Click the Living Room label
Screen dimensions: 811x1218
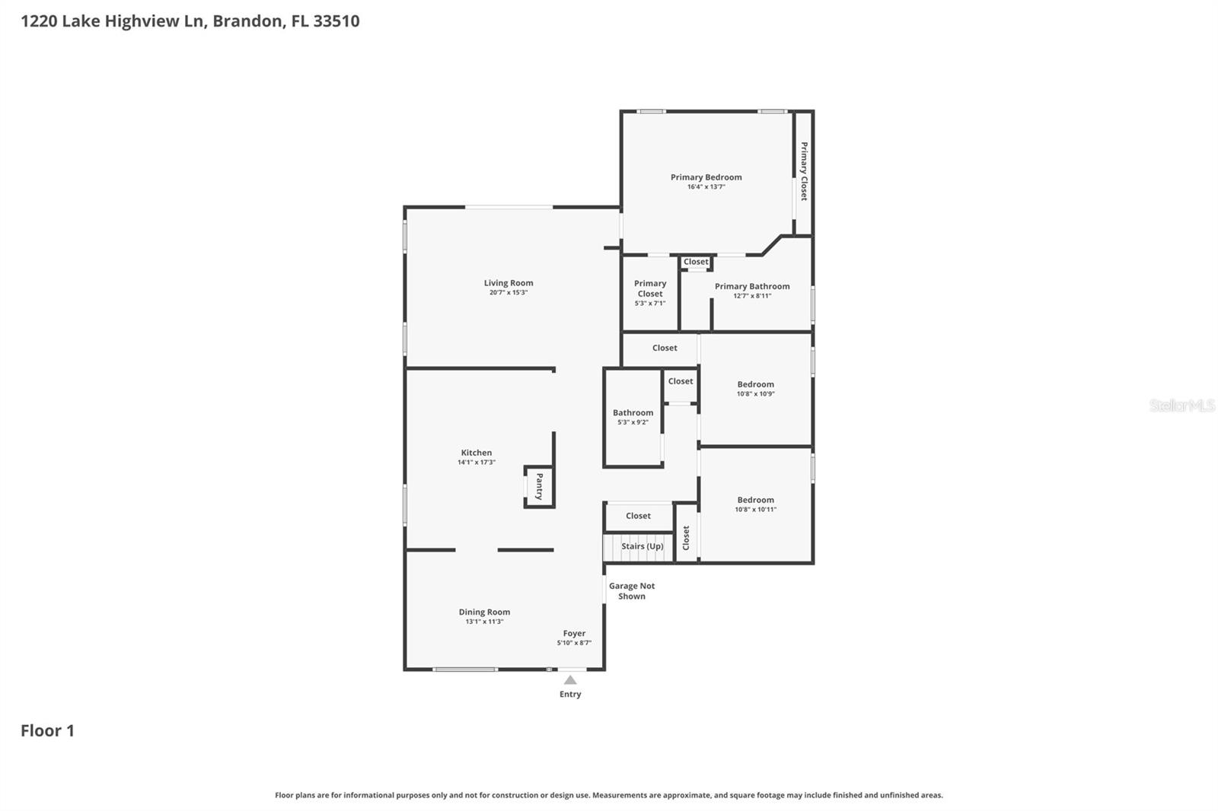pos(509,283)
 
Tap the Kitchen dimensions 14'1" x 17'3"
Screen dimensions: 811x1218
pos(477,463)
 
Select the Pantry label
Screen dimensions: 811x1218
pos(539,487)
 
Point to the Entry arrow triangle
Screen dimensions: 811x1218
pos(570,680)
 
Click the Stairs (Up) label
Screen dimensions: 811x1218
pos(642,546)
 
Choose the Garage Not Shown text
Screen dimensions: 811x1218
pos(631,591)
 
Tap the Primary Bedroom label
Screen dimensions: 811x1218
pos(706,177)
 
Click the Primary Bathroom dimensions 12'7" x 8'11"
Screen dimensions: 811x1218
pos(752,296)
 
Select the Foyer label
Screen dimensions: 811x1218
pos(574,633)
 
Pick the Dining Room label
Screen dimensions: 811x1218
pos(484,612)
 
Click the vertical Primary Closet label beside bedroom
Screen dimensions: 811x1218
pos(804,171)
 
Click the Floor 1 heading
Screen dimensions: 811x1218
pos(47,730)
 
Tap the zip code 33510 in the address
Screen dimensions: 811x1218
pos(336,21)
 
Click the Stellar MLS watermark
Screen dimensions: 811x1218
pos(1181,405)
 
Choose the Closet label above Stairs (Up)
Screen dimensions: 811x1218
pos(638,516)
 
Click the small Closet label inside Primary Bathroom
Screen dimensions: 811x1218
pos(696,262)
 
